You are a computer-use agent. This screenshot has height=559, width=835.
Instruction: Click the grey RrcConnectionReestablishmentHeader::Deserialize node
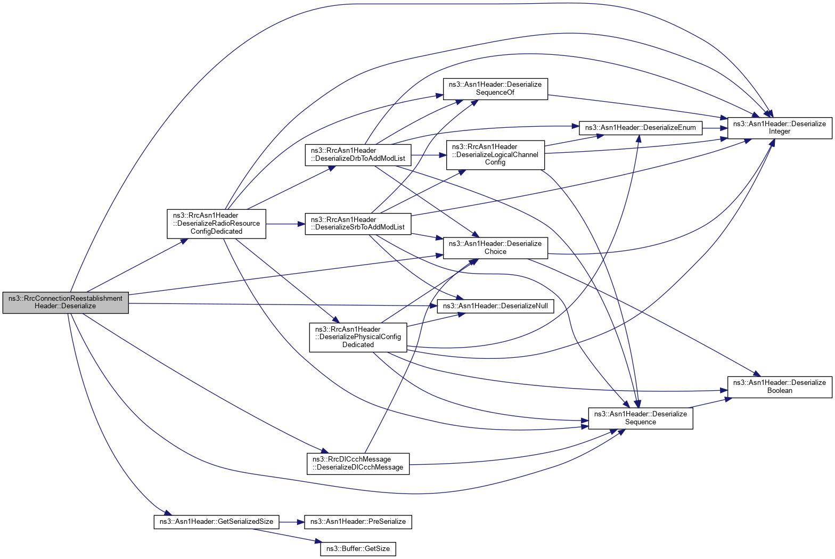[66, 302]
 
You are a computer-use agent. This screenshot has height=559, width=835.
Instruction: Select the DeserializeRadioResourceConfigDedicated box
[216, 223]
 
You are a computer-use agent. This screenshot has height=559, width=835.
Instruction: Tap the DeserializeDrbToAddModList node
[358, 154]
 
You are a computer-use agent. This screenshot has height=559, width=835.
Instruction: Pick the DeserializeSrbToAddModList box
[358, 224]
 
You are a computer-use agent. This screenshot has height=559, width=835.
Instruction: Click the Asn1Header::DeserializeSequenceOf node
[495, 88]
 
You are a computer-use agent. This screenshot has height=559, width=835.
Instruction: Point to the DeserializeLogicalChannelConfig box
[495, 154]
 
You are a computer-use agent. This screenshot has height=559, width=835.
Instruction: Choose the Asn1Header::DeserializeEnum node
[640, 128]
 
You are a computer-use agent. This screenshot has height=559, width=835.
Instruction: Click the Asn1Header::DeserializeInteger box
[779, 128]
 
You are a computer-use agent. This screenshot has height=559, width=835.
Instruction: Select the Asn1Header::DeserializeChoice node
[495, 248]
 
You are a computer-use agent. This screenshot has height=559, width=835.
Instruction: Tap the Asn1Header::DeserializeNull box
[495, 306]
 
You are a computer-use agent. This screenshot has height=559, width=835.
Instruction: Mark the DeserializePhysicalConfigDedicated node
[358, 337]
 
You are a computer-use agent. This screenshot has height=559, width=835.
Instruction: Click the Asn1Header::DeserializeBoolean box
[779, 387]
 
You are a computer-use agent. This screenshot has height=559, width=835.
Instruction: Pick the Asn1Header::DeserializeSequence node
[640, 418]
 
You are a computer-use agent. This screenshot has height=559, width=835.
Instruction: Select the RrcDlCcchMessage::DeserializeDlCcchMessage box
[358, 463]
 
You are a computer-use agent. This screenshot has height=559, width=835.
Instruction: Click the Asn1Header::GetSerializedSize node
[216, 522]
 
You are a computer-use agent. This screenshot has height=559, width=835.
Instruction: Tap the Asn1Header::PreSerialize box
[358, 522]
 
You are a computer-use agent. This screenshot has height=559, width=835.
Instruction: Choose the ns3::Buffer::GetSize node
[358, 549]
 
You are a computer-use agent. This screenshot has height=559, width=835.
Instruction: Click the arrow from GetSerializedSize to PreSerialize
[291, 522]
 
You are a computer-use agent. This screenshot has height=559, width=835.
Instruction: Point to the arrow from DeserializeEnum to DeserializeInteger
[715, 128]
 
